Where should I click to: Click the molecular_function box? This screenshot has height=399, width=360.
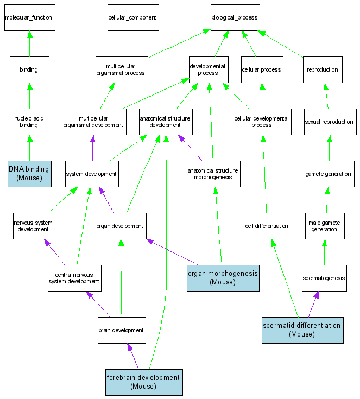click(29, 18)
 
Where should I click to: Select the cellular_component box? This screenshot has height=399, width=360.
click(132, 18)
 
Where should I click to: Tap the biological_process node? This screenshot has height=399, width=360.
click(235, 18)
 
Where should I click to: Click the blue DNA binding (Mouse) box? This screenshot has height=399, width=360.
click(29, 174)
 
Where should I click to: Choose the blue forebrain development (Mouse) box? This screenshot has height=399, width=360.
click(143, 382)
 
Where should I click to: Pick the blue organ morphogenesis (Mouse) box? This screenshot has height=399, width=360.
click(223, 278)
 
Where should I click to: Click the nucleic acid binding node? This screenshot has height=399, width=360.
click(29, 122)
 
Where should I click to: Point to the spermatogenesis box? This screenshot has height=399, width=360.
click(324, 278)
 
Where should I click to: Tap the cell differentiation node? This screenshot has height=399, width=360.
click(267, 226)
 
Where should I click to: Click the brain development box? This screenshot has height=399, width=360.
click(121, 330)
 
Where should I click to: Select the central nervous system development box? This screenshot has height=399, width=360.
click(74, 278)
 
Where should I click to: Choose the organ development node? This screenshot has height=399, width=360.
click(120, 226)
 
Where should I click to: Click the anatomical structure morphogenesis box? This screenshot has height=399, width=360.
click(213, 174)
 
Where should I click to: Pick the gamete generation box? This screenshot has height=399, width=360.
click(328, 174)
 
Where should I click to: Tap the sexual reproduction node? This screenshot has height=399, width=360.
click(329, 122)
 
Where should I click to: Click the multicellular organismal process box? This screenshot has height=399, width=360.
click(121, 69)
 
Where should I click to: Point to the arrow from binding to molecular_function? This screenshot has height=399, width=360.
click(29, 43)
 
